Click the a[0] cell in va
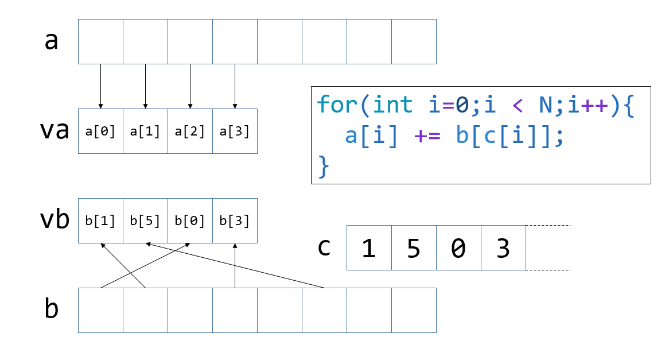click(x=100, y=131)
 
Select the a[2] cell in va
click(x=190, y=131)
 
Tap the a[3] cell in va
click(x=235, y=131)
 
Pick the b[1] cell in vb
click(x=100, y=221)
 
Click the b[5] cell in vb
click(x=145, y=221)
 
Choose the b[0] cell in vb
click(x=190, y=221)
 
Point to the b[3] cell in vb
click(x=235, y=221)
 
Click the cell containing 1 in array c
click(x=369, y=248)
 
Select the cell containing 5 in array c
click(x=414, y=248)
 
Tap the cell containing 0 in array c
click(x=458, y=248)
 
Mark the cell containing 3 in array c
click(x=503, y=248)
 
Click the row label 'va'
click(x=55, y=131)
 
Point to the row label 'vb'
click(x=55, y=220)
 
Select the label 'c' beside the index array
click(x=324, y=247)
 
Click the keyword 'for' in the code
click(x=336, y=105)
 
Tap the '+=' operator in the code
click(x=426, y=137)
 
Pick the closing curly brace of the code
click(x=324, y=167)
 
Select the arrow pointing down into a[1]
click(x=145, y=86)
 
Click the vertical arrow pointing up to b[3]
click(x=235, y=265)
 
